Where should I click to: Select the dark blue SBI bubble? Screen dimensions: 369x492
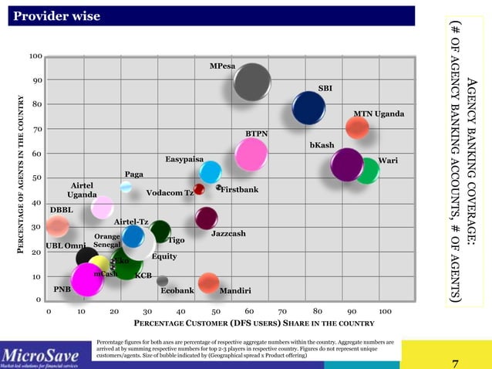[x=309, y=108]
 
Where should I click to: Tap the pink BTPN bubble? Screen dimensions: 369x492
[x=251, y=154]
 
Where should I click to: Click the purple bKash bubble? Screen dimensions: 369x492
[x=346, y=164]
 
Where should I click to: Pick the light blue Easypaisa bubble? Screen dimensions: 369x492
[x=210, y=172]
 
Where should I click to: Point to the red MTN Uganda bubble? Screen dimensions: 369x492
[x=357, y=128]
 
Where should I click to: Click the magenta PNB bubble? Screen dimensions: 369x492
[x=87, y=279]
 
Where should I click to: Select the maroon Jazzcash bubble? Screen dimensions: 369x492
[x=206, y=218]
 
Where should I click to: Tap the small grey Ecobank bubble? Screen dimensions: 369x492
[x=162, y=281]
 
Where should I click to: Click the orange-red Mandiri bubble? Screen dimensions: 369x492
[x=207, y=283]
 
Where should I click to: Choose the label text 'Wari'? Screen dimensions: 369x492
[x=388, y=161]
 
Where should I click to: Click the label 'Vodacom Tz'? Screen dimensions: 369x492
[x=169, y=193]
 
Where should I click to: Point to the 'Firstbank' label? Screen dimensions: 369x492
[x=240, y=189]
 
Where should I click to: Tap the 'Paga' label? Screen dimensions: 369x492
[x=134, y=174]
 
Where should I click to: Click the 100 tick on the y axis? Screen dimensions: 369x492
[x=35, y=56]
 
